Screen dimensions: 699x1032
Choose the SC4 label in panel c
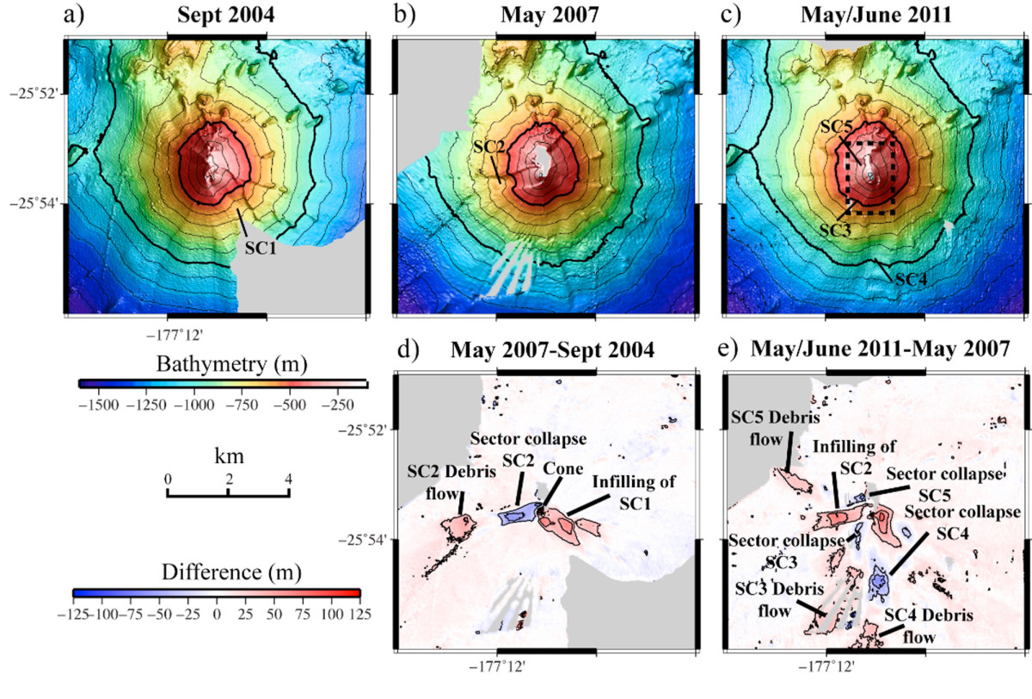tap(912, 279)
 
